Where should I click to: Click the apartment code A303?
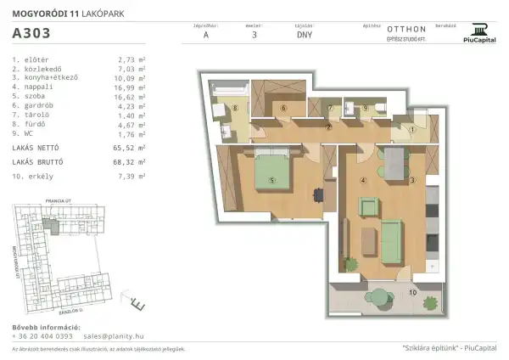coord(31,34)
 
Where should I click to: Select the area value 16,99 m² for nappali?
coord(130,86)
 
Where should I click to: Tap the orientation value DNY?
coord(304,37)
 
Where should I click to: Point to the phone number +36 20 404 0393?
coord(42,336)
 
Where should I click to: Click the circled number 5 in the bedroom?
coord(272,180)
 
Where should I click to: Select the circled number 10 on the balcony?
coord(412,292)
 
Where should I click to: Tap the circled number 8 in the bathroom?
coord(235,108)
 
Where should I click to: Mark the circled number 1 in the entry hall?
coord(412,129)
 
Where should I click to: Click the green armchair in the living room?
coord(368,206)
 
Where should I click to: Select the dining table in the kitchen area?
coord(394,161)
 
